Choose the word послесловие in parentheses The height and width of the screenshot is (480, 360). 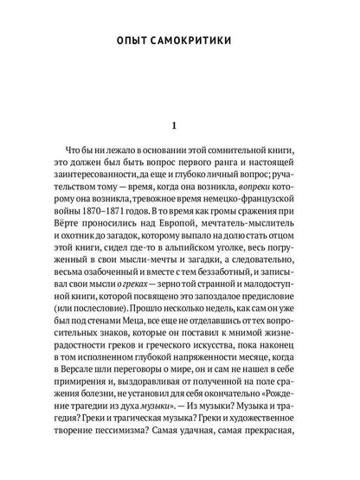coord(86,335)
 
